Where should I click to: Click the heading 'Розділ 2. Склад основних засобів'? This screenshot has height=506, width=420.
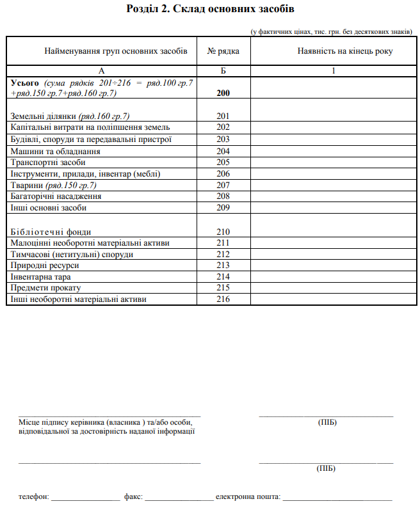tap(211, 10)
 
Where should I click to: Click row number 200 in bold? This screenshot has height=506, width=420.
tap(223, 93)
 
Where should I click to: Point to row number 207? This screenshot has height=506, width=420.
tap(223, 185)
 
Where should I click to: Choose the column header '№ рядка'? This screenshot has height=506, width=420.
tap(223, 51)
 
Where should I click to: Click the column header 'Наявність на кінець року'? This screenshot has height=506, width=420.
tap(334, 51)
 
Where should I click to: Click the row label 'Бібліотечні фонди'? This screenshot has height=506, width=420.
tap(51, 232)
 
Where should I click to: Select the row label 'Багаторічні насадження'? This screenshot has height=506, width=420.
tap(56, 196)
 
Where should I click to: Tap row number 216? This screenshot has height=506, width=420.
tap(223, 299)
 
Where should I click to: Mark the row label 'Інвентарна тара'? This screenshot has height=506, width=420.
tap(41, 277)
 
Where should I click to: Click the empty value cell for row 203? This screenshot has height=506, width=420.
tap(334, 139)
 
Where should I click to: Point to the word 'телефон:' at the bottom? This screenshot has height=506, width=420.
tap(33, 496)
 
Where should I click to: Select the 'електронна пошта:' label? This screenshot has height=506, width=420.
tap(248, 496)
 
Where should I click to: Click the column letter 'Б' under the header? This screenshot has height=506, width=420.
tap(223, 71)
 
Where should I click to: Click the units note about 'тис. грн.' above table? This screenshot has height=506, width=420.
tap(332, 31)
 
